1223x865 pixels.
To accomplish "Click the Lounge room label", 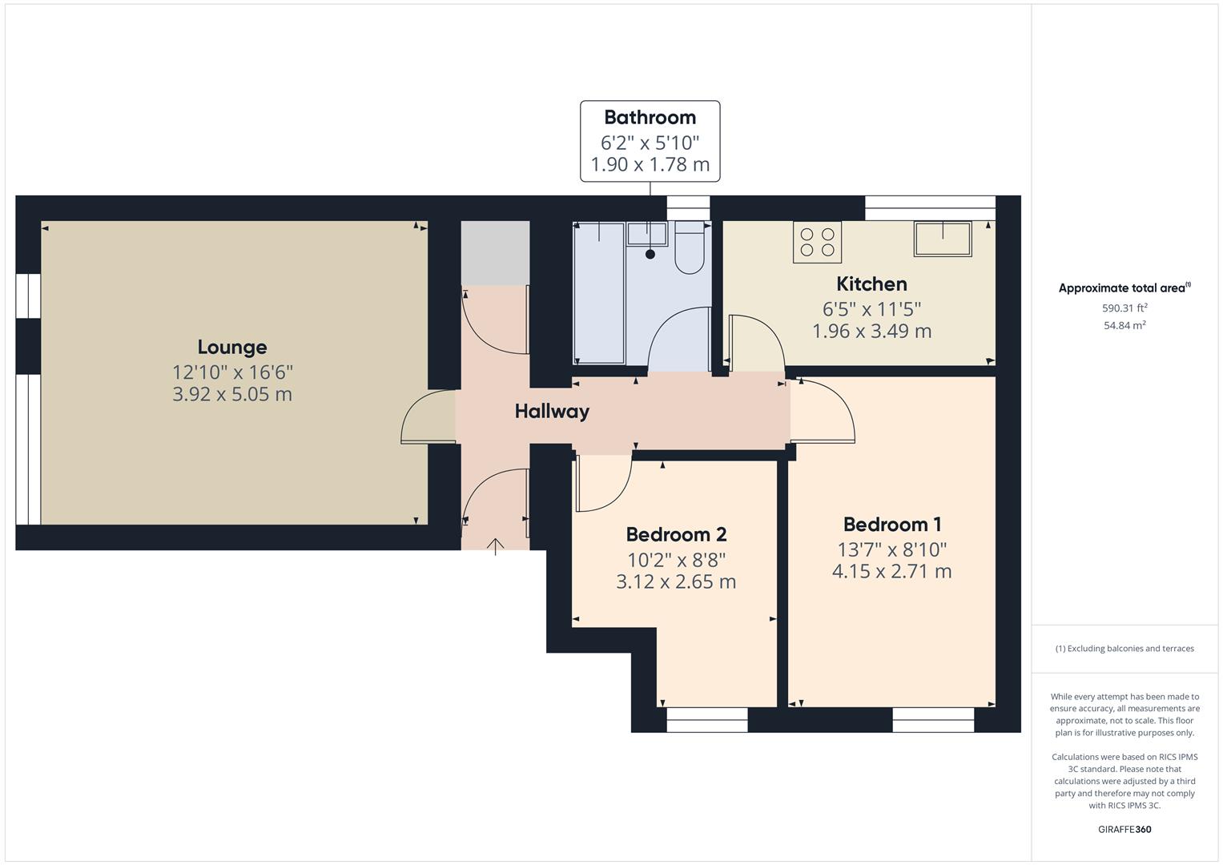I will pos(232,347).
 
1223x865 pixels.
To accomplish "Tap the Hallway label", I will pos(552,412).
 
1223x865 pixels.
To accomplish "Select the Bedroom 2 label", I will pos(675,534).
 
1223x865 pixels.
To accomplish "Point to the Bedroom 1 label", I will pos(891,525).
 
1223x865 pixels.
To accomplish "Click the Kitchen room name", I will pos(871,284).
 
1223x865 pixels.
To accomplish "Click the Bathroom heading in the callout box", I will pos(650,118).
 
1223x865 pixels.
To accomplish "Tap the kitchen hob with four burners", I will pos(817,242).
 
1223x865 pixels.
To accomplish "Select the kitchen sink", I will pos(943,239).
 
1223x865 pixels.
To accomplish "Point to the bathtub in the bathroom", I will pos(599,292).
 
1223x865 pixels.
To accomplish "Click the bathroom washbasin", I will pos(647,234).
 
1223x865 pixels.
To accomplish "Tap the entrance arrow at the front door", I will pos(496,547).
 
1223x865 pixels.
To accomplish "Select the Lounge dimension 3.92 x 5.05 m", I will pos(232,394).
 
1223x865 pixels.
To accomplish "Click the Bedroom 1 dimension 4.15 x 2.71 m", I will pos(891,571).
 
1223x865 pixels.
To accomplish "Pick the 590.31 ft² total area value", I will pos(1124,308).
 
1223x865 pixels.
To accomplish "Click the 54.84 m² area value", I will pos(1124,325).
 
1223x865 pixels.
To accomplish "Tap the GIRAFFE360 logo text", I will pos(1124,829).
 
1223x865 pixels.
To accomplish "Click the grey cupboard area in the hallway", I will pos(495,252).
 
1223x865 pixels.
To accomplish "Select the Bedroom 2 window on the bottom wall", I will pos(706,720).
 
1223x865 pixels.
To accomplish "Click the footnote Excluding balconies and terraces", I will pos(1124,649).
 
